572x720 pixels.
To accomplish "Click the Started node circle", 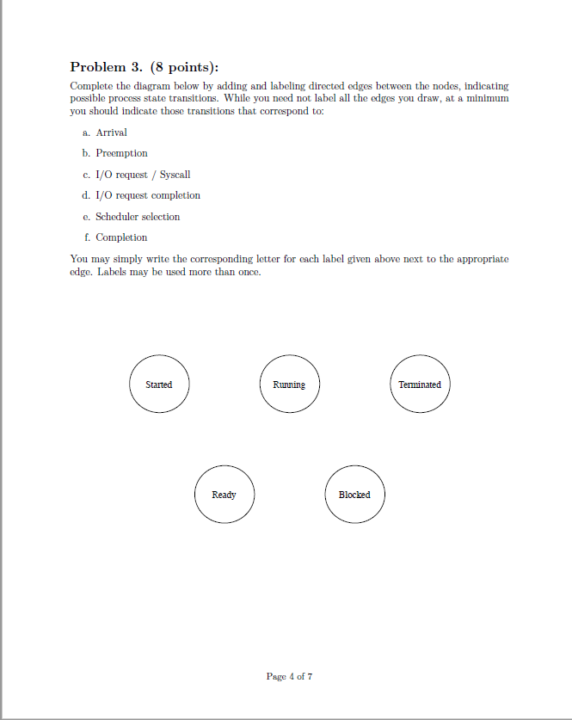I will [x=159, y=385].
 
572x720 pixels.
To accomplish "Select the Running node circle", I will [x=289, y=385].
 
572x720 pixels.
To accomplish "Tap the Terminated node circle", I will [x=420, y=385].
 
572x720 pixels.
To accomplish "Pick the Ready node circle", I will [x=224, y=495].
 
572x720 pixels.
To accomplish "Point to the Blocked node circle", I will [x=354, y=495].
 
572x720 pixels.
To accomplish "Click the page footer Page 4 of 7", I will [x=289, y=676].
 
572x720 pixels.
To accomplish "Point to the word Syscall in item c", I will [x=175, y=175].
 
